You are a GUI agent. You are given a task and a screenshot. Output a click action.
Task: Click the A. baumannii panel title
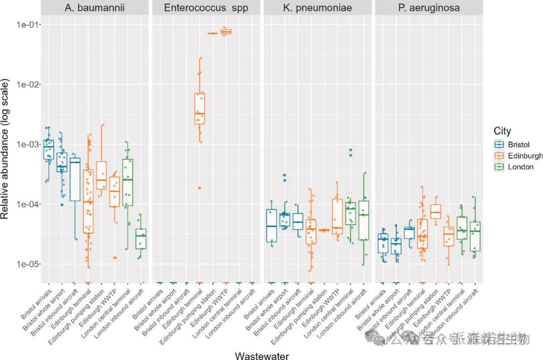click(95, 8)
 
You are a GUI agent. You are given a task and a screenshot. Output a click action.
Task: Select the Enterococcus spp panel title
click(206, 8)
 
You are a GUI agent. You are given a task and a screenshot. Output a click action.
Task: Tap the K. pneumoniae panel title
click(317, 8)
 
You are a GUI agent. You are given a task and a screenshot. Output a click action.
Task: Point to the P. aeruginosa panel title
click(428, 8)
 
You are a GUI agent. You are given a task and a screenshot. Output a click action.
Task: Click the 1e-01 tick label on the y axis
click(29, 25)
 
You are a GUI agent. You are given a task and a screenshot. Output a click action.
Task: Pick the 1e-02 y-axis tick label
click(29, 84)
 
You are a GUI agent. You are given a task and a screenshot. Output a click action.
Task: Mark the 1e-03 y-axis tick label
click(29, 144)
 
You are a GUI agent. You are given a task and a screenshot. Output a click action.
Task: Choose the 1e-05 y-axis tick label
click(29, 264)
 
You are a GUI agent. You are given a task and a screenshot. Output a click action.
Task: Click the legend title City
click(502, 131)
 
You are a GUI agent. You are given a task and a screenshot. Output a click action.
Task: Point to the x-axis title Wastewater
click(262, 355)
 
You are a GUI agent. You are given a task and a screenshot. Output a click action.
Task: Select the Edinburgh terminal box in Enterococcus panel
click(200, 108)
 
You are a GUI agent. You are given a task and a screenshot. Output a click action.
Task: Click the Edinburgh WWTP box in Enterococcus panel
click(226, 32)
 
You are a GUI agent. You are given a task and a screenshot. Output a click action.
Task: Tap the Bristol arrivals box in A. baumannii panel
click(49, 149)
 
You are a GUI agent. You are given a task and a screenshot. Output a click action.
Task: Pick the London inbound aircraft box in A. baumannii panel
click(141, 239)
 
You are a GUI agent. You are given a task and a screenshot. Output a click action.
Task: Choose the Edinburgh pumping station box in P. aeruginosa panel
click(435, 211)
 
